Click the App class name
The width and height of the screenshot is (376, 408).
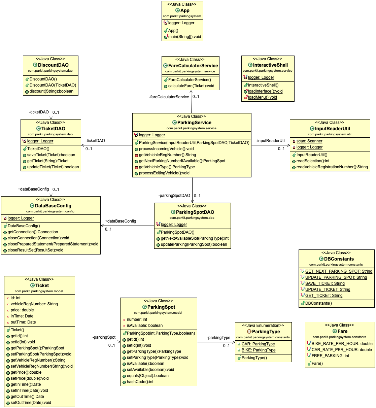pyautogui.click(x=185, y=10)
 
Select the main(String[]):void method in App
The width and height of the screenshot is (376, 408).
pyautogui.click(x=184, y=37)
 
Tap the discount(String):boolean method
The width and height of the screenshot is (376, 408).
pyautogui.click(x=52, y=91)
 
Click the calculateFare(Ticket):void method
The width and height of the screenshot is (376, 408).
pyautogui.click(x=191, y=86)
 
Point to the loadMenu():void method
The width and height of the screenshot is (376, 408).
pyautogui.click(x=263, y=97)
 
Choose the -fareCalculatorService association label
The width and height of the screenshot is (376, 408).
pyautogui.click(x=169, y=97)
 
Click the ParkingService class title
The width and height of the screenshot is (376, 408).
pyautogui.click(x=194, y=123)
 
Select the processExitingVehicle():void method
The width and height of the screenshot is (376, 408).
pyautogui.click(x=164, y=173)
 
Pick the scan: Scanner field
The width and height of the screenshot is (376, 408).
pyautogui.click(x=309, y=141)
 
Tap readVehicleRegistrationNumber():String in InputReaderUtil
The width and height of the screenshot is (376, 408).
pyautogui.click(x=332, y=167)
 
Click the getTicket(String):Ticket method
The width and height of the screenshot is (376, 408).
pyautogui.click(x=48, y=161)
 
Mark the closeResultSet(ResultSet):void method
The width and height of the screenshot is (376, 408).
pyautogui.click(x=35, y=250)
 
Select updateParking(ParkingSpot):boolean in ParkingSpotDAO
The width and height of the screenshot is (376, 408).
pyautogui.click(x=194, y=244)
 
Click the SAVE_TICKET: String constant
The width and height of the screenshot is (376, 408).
pyautogui.click(x=325, y=283)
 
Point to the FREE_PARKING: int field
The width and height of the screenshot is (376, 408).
pyautogui.click(x=330, y=356)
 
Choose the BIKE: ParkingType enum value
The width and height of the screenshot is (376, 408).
pyautogui.click(x=259, y=350)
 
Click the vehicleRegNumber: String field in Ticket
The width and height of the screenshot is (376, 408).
pyautogui.click(x=34, y=304)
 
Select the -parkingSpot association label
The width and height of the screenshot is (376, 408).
pyautogui.click(x=104, y=337)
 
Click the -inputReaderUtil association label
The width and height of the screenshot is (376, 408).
pyautogui.click(x=271, y=141)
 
